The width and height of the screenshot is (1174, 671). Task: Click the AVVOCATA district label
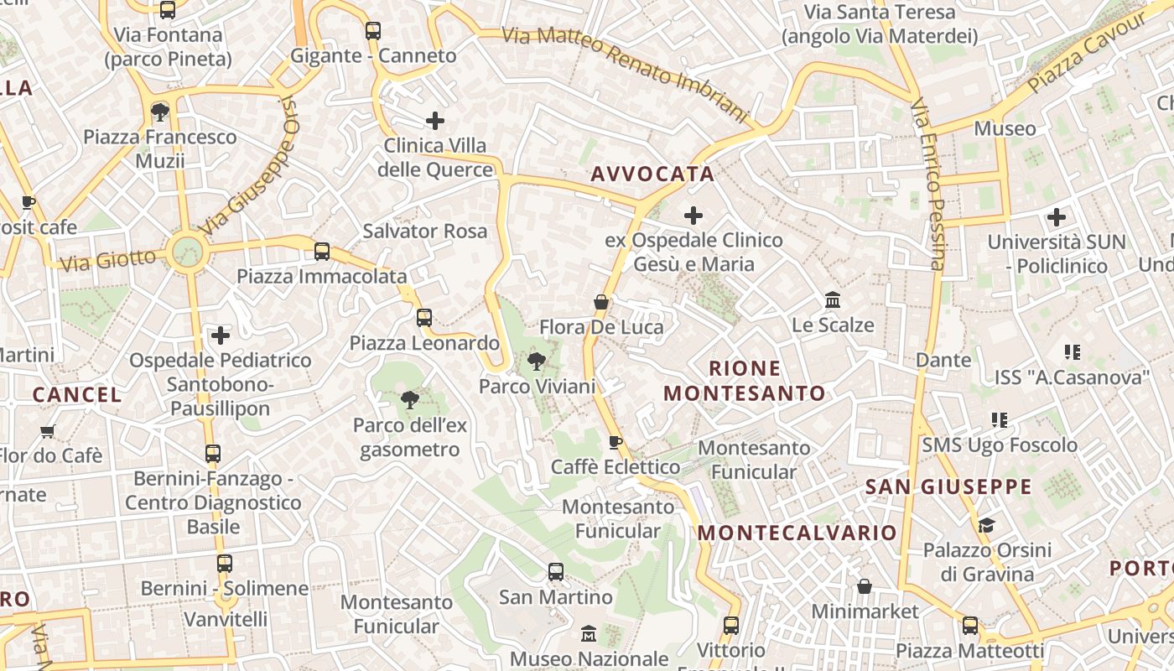[652, 174]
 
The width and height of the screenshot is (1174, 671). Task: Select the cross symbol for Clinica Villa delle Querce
[435, 121]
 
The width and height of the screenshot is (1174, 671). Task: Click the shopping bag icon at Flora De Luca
[600, 302]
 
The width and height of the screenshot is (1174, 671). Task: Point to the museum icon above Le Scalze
[833, 300]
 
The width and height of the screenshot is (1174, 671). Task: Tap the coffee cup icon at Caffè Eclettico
[616, 442]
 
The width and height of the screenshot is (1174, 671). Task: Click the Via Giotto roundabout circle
[186, 250]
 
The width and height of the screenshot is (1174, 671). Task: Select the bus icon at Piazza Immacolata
[321, 252]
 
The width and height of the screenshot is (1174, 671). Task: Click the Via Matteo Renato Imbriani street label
[624, 74]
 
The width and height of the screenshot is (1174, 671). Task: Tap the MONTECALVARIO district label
[797, 533]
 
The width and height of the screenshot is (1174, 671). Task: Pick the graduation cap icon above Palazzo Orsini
[986, 525]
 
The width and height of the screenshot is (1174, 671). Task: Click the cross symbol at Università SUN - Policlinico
[1057, 217]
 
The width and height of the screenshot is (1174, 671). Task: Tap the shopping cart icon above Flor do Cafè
[48, 431]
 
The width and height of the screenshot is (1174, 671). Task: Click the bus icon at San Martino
[555, 572]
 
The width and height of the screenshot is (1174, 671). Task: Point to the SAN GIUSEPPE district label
[948, 486]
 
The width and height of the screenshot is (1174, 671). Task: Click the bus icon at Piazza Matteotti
[970, 626]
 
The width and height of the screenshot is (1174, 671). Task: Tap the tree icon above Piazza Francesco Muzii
[159, 112]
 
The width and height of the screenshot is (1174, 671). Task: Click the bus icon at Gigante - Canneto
[373, 31]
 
